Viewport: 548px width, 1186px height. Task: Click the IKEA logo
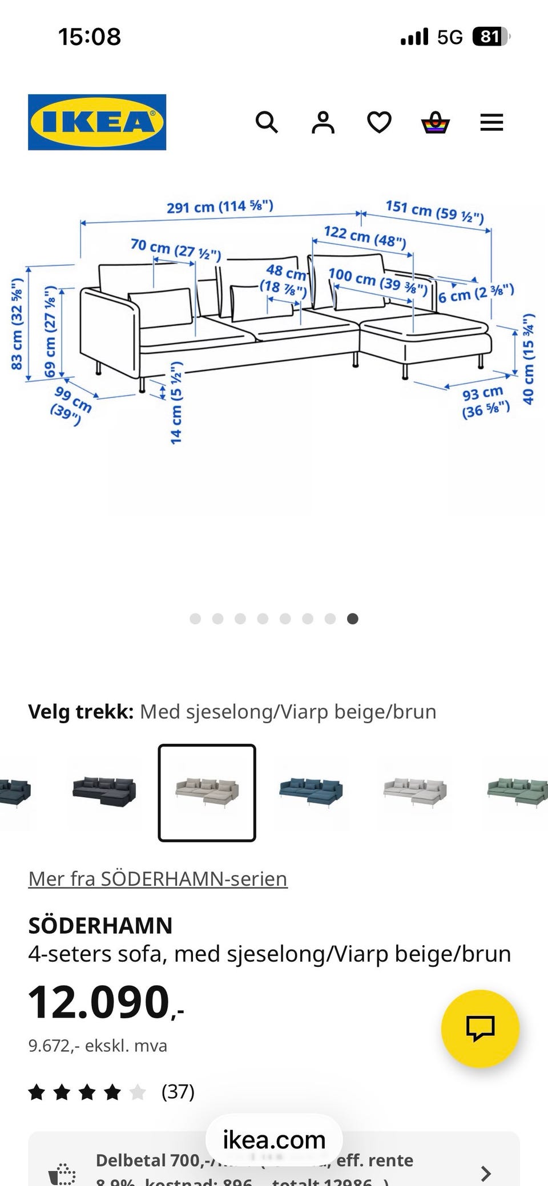(x=97, y=122)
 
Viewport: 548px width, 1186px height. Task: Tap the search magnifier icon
(x=267, y=122)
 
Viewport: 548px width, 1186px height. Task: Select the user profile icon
(x=323, y=122)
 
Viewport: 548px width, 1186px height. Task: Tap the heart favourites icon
(x=379, y=122)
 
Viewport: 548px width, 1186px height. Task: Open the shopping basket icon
(x=436, y=122)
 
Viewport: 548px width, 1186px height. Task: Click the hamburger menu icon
(x=491, y=122)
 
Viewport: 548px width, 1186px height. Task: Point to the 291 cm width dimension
(x=220, y=206)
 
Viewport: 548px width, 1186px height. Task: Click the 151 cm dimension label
(x=434, y=211)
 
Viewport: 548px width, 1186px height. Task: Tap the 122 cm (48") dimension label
(x=365, y=237)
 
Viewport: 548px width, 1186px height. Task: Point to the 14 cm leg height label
(x=176, y=402)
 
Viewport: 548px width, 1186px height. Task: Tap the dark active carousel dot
(x=353, y=619)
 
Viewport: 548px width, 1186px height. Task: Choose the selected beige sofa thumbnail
(x=207, y=792)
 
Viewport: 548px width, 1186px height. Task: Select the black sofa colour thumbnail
(x=104, y=791)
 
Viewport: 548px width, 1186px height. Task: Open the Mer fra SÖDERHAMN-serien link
(x=158, y=878)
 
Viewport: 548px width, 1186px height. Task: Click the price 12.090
(x=100, y=1003)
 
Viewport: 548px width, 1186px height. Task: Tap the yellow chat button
(x=480, y=1028)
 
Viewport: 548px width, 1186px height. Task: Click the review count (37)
(x=178, y=1091)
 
